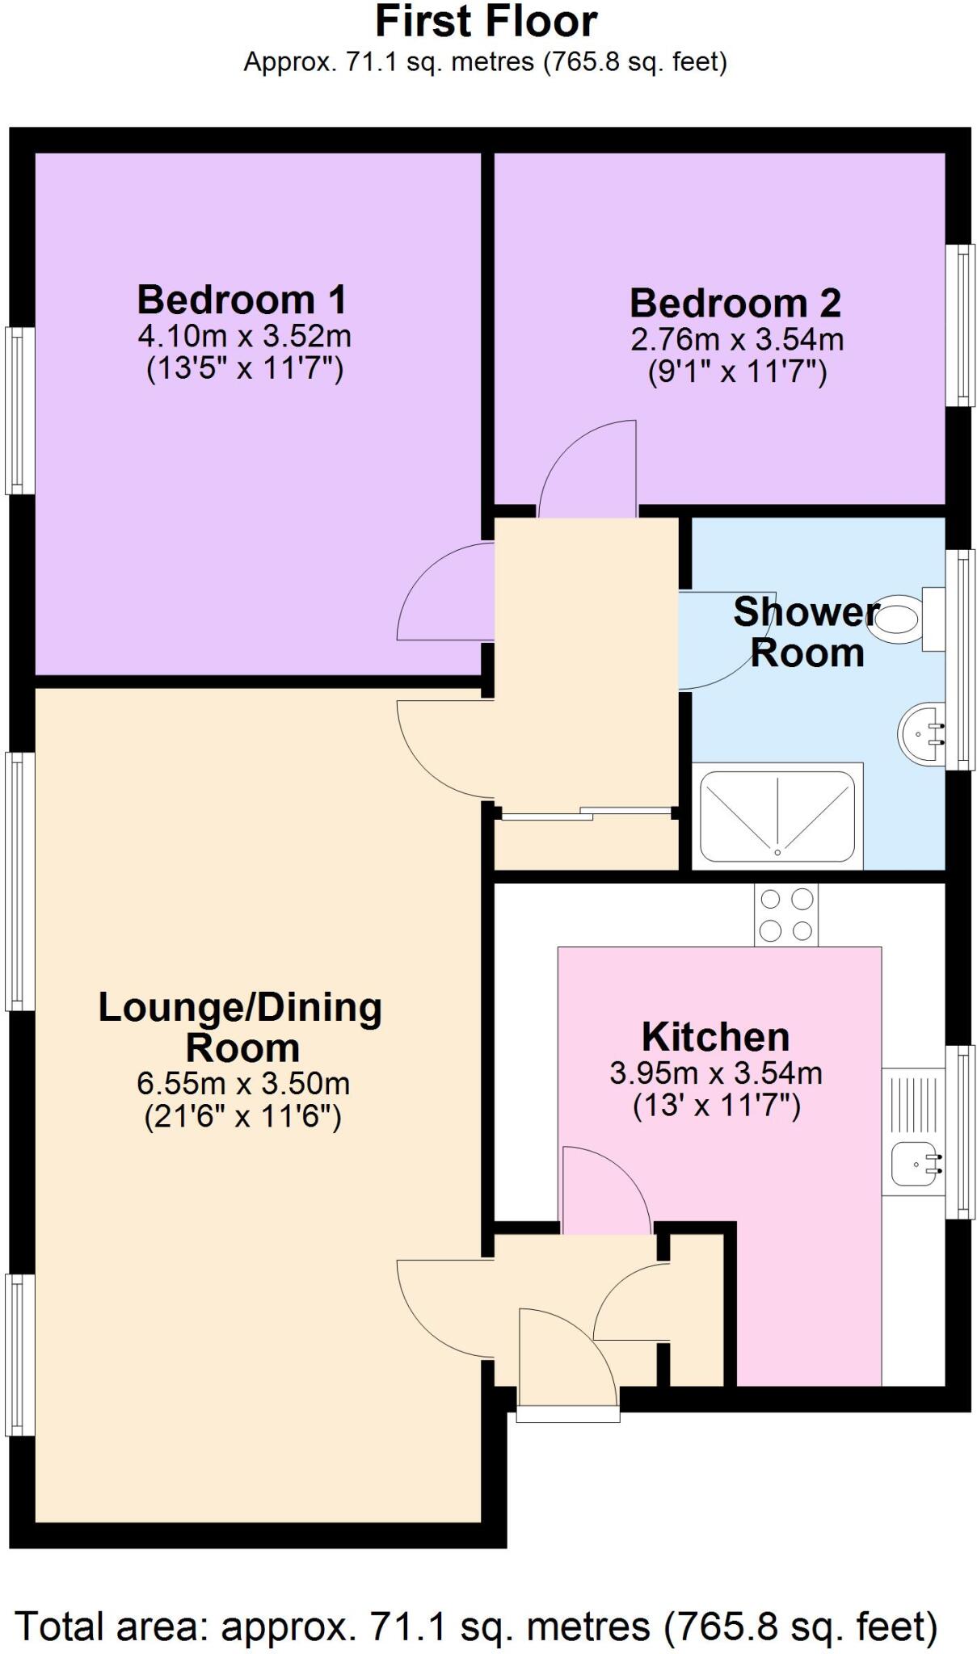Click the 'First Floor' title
coord(486,22)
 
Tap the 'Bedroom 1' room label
coord(242,300)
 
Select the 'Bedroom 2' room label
coord(735,304)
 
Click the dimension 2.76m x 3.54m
coord(737,338)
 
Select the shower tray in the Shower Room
coord(777,816)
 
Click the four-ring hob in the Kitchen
coord(785,914)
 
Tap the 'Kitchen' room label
coord(715,1036)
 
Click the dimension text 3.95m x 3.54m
coord(716,1073)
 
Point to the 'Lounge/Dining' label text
coord(240,1008)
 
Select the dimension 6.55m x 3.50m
coord(243,1082)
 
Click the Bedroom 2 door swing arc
coord(586,468)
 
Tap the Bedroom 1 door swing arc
coord(444,591)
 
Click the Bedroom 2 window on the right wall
coord(961,325)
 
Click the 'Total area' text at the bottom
coord(477,1626)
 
